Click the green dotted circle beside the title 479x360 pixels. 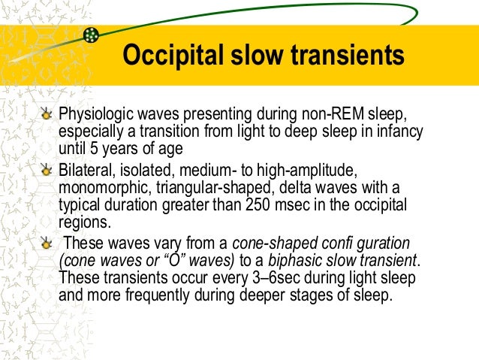point(92,35)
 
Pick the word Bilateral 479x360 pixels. point(84,166)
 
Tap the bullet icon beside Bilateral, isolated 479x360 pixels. point(47,166)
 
